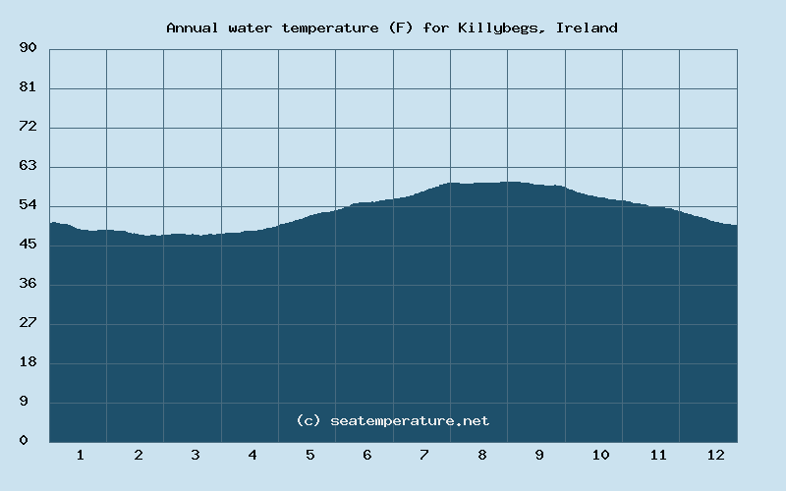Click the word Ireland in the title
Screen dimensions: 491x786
coord(587,27)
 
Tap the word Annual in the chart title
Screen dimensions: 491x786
coord(193,27)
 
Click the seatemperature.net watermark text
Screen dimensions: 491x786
coord(409,420)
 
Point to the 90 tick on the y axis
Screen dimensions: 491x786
coord(28,48)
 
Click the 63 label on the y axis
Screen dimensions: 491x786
coord(28,166)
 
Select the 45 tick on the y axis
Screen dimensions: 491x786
coord(28,245)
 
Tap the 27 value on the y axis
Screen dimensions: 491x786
coord(28,323)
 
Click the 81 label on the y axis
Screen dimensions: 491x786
coord(28,87)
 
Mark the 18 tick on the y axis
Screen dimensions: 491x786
coord(28,362)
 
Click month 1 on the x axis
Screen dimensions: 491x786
coord(80,455)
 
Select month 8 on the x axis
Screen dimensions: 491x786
coord(481,455)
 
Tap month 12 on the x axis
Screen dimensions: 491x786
coord(715,455)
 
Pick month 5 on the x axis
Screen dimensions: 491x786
coord(309,455)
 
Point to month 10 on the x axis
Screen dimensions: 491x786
coord(600,455)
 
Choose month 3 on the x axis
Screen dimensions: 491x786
coord(195,455)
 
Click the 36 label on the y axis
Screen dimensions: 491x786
coord(28,284)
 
